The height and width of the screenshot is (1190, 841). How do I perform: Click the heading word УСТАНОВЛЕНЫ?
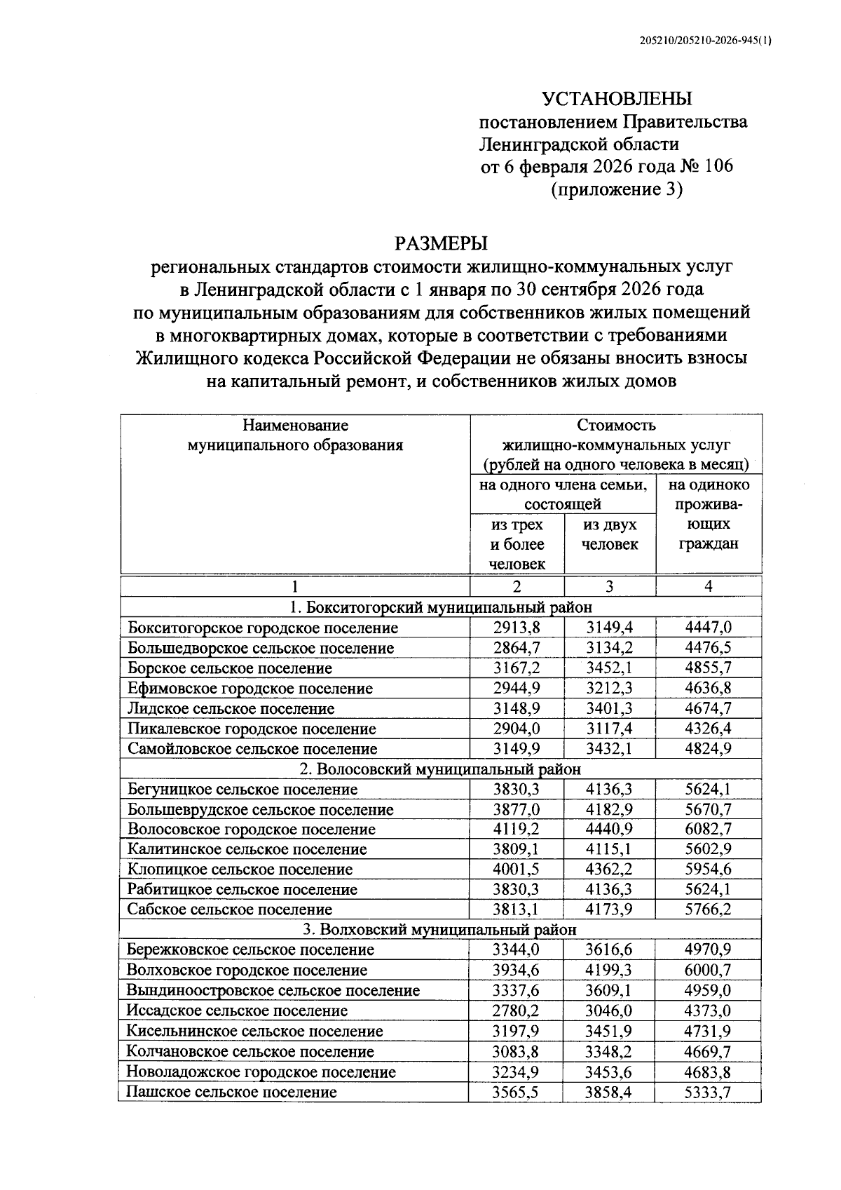[x=617, y=98]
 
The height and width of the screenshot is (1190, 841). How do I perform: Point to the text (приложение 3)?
[x=617, y=190]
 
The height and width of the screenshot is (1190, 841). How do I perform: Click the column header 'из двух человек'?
[x=610, y=534]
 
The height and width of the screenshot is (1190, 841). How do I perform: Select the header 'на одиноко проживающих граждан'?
[x=709, y=514]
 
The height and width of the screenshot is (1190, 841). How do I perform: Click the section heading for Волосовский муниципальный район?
[x=440, y=769]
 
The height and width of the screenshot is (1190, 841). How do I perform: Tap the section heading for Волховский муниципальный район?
[x=440, y=930]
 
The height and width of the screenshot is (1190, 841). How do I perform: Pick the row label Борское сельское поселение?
[x=230, y=668]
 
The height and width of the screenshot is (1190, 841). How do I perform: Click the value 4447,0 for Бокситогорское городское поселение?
[x=709, y=628]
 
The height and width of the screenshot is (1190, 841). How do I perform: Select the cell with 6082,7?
[x=709, y=830]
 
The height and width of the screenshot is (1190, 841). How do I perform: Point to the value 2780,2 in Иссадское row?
[x=517, y=1010]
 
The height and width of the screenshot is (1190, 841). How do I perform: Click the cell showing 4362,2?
[x=610, y=870]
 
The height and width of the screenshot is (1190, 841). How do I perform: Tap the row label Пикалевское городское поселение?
[x=252, y=729]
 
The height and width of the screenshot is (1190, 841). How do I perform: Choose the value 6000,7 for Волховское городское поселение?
[x=709, y=971]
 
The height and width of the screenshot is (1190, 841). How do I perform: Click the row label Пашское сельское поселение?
[x=232, y=1092]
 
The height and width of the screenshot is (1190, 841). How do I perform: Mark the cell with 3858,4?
[x=610, y=1092]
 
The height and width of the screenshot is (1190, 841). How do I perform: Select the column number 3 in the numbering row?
[x=610, y=586]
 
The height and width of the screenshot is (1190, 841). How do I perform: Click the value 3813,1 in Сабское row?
[x=517, y=910]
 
